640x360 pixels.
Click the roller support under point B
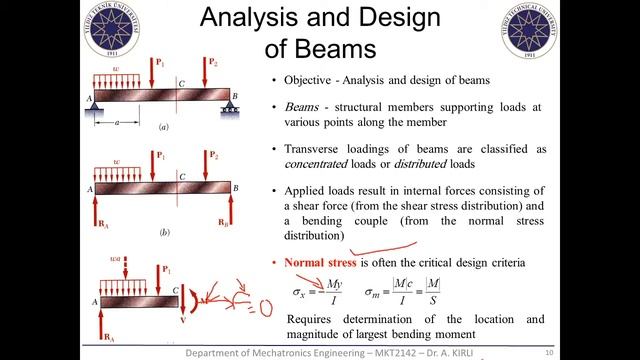coord(226,103)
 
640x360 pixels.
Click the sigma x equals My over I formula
coord(320,297)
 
